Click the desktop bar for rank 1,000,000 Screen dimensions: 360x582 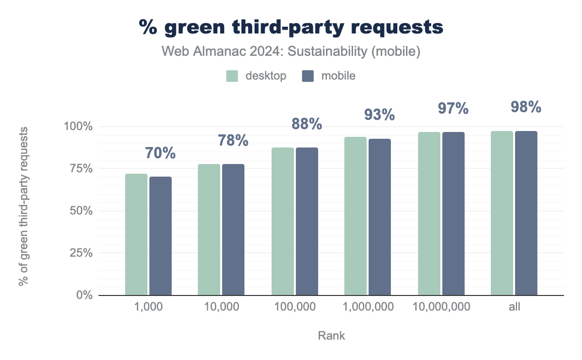pyautogui.click(x=356, y=216)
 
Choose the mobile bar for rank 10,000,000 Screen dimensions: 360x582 pyautogui.click(x=453, y=213)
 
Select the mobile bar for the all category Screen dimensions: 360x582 pyautogui.click(x=526, y=213)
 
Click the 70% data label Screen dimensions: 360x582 pyautogui.click(x=160, y=153)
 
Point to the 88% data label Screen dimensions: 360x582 pyautogui.click(x=307, y=124)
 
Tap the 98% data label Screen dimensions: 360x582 pyautogui.click(x=526, y=107)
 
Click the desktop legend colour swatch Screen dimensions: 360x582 pyautogui.click(x=232, y=76)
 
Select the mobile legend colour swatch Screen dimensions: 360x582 pyautogui.click(x=308, y=76)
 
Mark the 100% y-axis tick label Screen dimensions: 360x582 pyautogui.click(x=79, y=127)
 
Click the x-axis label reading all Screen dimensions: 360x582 pyautogui.click(x=514, y=307)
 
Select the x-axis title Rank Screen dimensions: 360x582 pyautogui.click(x=331, y=336)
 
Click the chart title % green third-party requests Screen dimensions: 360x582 pyautogui.click(x=291, y=27)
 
